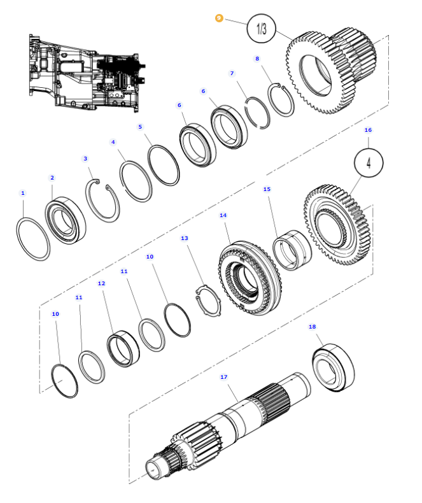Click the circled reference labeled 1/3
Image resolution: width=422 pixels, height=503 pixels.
pyautogui.click(x=262, y=29)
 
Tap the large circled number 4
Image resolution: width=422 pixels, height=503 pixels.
pyautogui.click(x=369, y=163)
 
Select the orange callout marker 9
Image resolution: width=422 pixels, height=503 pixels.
pyautogui.click(x=220, y=18)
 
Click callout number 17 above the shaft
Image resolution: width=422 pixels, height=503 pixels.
pyautogui.click(x=224, y=377)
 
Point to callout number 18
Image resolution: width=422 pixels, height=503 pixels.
pyautogui.click(x=312, y=327)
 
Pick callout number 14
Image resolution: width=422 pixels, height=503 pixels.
pyautogui.click(x=223, y=216)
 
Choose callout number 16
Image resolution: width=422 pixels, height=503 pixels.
pyautogui.click(x=368, y=130)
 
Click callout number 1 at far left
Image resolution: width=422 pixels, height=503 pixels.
pyautogui.click(x=23, y=192)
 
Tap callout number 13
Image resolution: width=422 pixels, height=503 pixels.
pyautogui.click(x=185, y=238)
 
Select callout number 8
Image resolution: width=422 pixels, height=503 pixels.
pyautogui.click(x=257, y=59)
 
